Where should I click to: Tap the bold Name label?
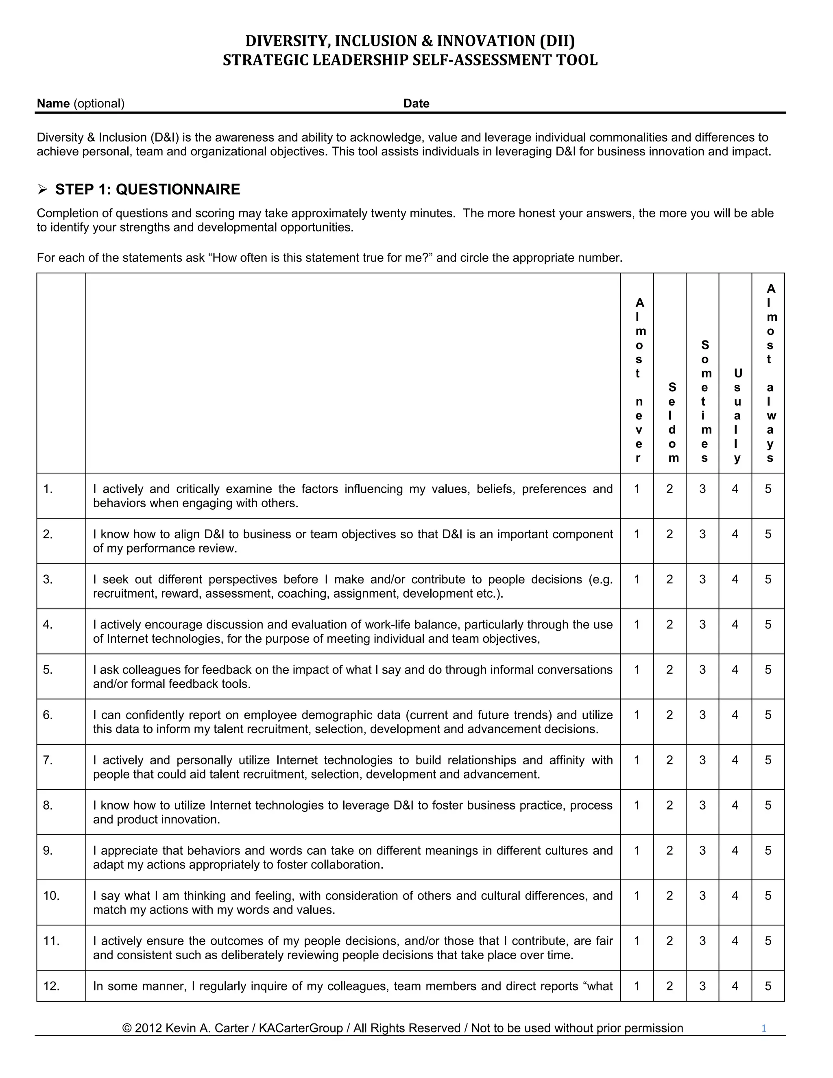click(53, 103)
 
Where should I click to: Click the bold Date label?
click(416, 103)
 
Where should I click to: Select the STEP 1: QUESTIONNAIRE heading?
click(148, 190)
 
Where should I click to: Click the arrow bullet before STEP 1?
click(42, 189)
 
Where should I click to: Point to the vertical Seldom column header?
click(672, 423)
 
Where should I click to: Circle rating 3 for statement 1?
click(702, 489)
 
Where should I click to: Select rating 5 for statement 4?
click(768, 625)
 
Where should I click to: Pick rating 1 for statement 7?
click(637, 760)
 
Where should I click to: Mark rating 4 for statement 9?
click(735, 851)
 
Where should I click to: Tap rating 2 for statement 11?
click(669, 941)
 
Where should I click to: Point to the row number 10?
click(51, 896)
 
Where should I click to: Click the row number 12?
click(51, 986)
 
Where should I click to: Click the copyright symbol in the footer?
click(127, 1028)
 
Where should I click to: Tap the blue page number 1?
click(763, 1028)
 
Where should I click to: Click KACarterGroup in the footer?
click(301, 1028)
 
